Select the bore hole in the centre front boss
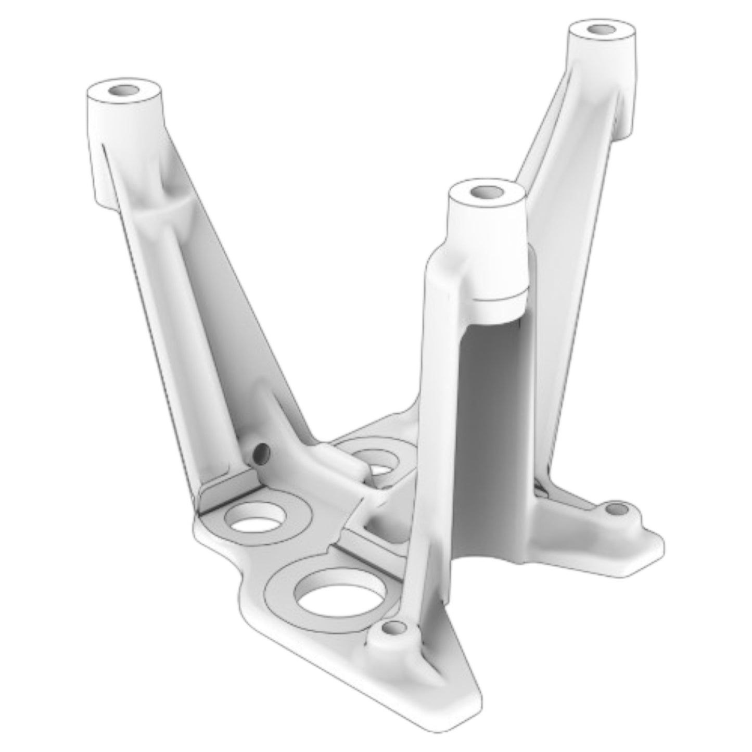[487, 192]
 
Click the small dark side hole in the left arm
[261, 452]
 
